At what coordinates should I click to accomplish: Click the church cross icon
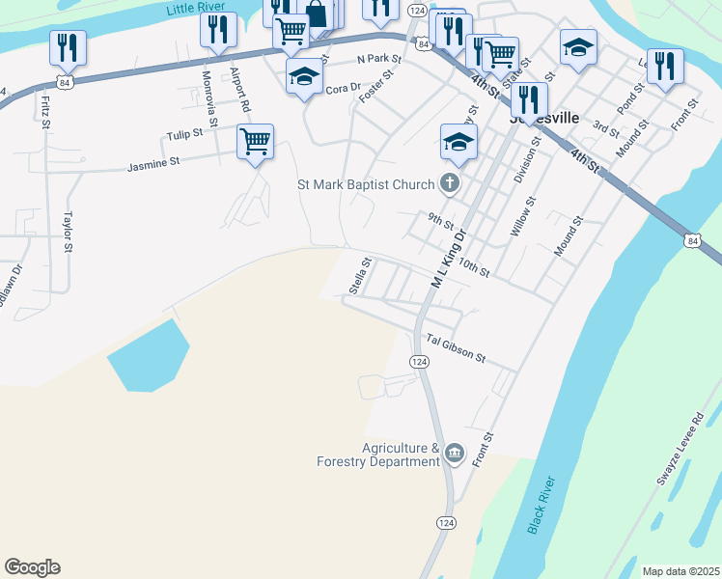click(449, 182)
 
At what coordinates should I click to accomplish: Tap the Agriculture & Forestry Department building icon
click(455, 453)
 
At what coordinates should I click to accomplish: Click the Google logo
click(32, 567)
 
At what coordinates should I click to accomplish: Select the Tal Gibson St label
click(456, 349)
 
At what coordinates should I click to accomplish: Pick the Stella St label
click(360, 274)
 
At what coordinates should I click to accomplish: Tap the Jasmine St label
click(153, 166)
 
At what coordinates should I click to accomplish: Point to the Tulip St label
click(184, 133)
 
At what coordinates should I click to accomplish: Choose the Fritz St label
click(44, 110)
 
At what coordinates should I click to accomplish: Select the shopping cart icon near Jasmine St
click(256, 142)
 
